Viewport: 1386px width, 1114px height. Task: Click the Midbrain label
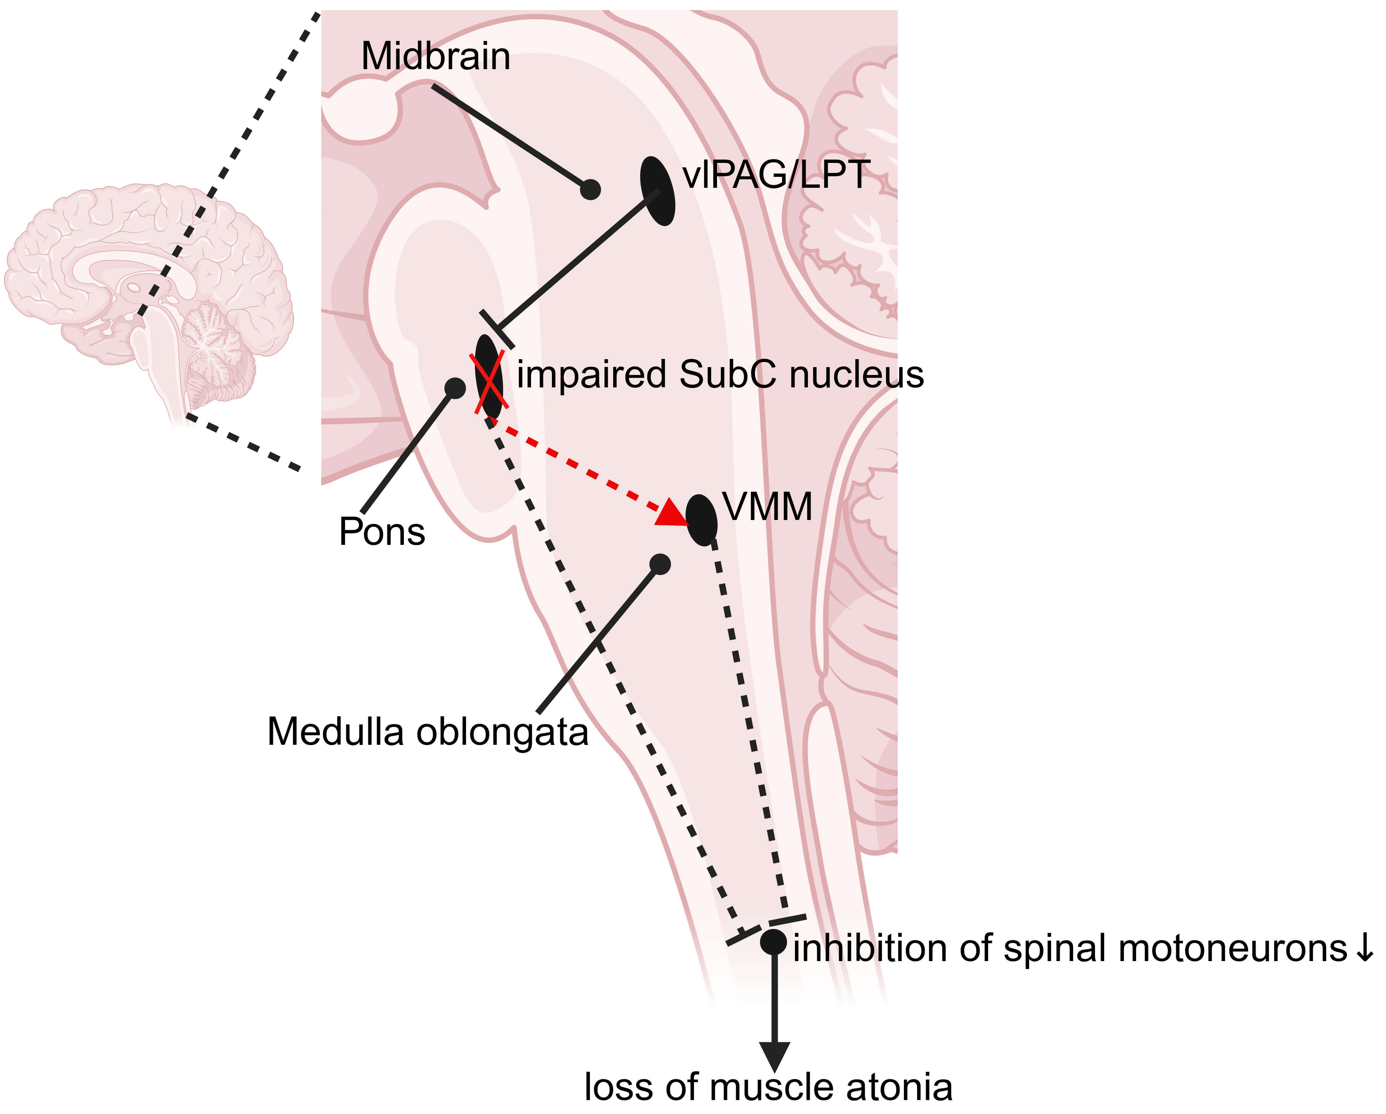(x=436, y=56)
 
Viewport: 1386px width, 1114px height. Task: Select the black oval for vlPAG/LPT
(x=658, y=191)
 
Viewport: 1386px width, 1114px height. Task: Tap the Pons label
(x=382, y=532)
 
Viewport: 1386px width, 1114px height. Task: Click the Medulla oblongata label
(x=428, y=732)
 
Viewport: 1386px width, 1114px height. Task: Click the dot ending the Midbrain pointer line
(x=590, y=190)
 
